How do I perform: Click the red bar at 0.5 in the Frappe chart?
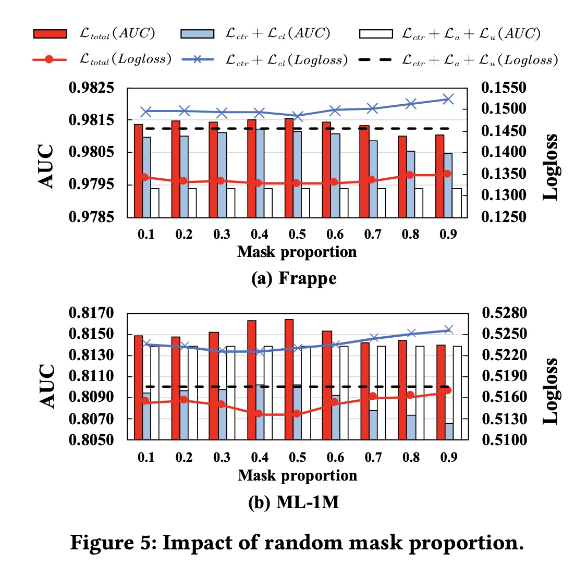[289, 168]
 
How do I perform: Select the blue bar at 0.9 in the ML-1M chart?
[448, 432]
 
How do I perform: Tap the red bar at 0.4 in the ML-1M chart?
[251, 380]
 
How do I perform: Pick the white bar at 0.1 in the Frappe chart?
[155, 203]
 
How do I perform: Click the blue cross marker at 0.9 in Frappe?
[448, 99]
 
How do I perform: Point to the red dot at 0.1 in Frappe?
[145, 177]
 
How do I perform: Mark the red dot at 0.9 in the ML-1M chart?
[447, 390]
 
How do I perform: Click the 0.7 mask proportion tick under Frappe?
[373, 235]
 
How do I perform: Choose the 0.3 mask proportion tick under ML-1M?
[222, 458]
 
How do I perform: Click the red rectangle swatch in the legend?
[50, 34]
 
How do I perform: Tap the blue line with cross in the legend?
[198, 59]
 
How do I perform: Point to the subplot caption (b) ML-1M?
[294, 503]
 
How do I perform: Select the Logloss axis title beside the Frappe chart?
[551, 167]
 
